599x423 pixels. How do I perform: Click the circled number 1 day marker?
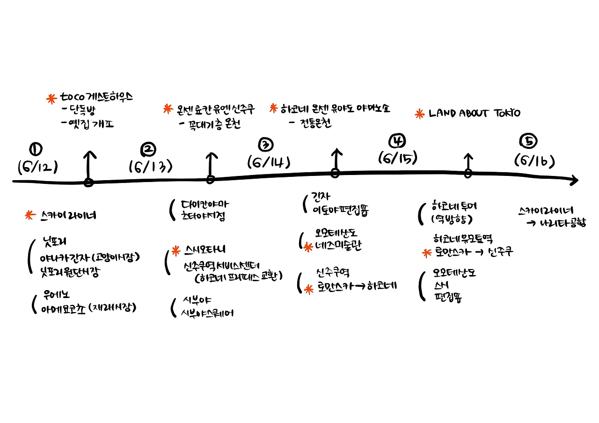[x=36, y=149]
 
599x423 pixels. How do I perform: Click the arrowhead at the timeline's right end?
[x=574, y=180]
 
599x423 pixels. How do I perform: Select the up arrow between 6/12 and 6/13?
[x=88, y=164]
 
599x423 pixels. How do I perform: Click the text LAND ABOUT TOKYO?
[x=474, y=113]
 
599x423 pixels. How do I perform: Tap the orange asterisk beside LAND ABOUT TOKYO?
[x=420, y=113]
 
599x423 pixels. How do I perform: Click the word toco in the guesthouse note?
[x=72, y=98]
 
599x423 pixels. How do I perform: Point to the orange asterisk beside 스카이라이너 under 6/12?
[x=30, y=215]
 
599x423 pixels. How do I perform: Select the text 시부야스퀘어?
[x=207, y=313]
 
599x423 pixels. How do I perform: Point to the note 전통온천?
[x=310, y=123]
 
